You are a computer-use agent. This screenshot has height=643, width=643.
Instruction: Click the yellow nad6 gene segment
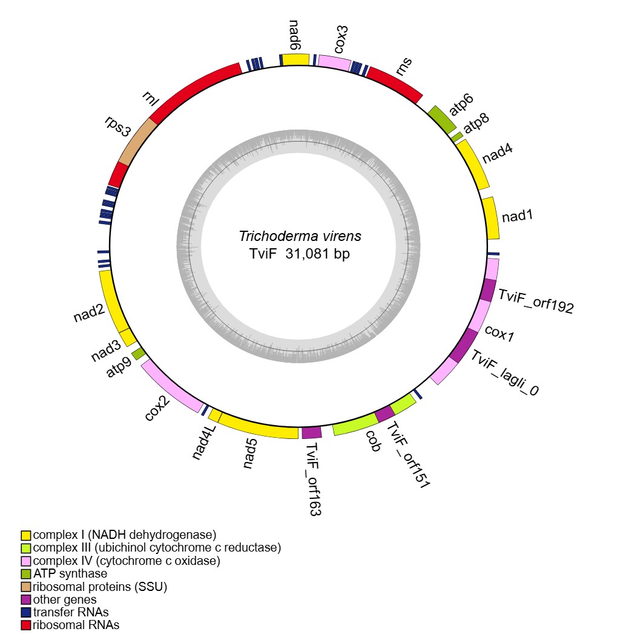(x=297, y=59)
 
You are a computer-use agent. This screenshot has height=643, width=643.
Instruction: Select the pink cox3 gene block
(x=335, y=62)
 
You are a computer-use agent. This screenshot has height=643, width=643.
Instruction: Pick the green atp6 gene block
(x=442, y=119)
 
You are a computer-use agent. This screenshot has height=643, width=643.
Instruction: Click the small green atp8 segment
(x=457, y=137)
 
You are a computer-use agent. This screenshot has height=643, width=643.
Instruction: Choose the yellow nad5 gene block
(x=258, y=427)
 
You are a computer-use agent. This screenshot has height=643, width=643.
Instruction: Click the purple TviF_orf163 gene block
(x=311, y=432)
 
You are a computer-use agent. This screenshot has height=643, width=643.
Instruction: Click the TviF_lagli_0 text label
(x=504, y=373)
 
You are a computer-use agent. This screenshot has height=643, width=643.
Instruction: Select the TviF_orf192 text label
(x=535, y=302)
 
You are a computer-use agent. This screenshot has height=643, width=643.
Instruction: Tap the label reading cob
(x=374, y=442)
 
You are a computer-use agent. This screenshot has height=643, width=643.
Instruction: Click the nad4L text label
(x=204, y=442)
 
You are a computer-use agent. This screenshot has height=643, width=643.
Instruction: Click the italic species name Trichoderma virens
(x=300, y=236)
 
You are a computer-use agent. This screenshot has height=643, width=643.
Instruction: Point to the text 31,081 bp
(x=317, y=254)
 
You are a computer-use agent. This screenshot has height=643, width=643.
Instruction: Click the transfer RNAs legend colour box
(x=26, y=612)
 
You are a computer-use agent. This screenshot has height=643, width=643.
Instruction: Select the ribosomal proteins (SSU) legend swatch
(x=26, y=587)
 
